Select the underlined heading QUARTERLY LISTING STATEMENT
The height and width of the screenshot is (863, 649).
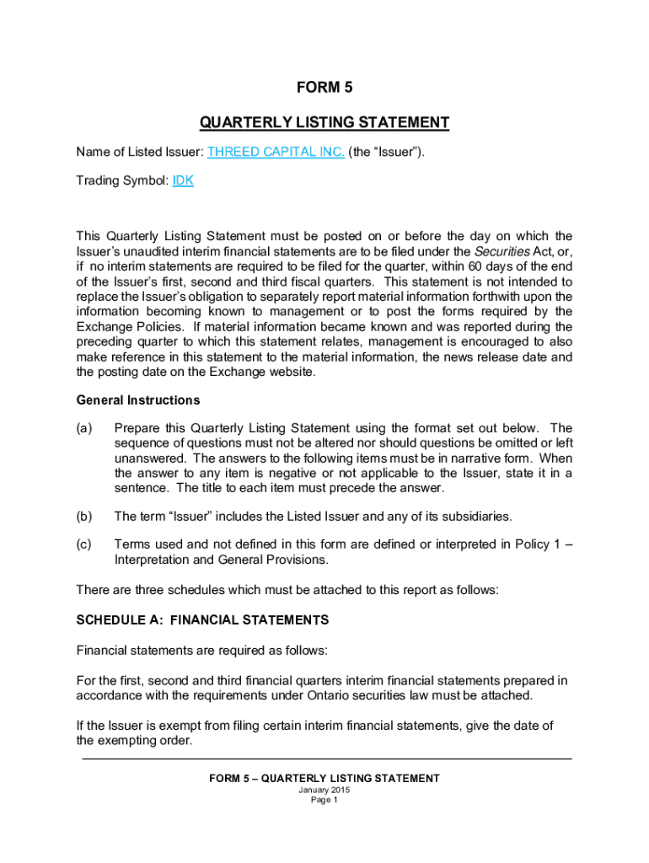324,123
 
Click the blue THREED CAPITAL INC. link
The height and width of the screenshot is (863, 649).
276,153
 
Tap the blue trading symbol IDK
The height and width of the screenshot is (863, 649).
183,181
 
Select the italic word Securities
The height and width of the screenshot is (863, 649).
502,251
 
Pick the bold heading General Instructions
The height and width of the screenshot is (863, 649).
138,400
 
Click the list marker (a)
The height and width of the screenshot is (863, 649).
84,428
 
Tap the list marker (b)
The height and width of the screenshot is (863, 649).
84,516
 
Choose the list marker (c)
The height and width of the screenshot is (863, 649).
84,544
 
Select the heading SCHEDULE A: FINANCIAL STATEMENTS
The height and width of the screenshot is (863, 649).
202,620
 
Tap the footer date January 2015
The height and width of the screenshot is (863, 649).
324,791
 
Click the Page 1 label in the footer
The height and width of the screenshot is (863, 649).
324,801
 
